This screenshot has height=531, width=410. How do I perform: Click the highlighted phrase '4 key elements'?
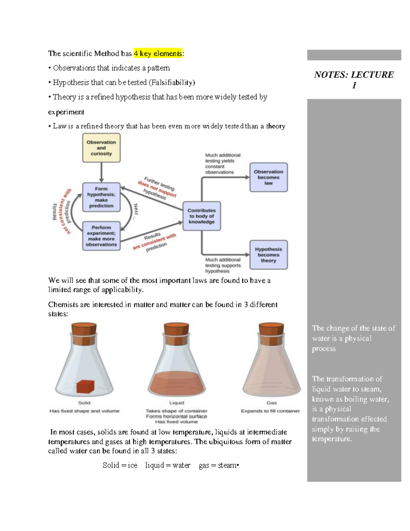[158, 54]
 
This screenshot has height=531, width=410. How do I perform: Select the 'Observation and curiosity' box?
[101, 148]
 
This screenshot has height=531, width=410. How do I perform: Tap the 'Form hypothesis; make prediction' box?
[101, 197]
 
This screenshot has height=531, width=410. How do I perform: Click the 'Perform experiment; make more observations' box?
[101, 236]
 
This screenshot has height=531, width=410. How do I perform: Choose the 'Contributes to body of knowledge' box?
[202, 216]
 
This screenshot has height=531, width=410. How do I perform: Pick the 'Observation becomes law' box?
[268, 177]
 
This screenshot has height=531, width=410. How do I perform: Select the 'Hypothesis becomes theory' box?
[268, 255]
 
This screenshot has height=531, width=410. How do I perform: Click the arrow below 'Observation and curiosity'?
[101, 172]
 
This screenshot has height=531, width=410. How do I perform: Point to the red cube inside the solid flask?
[85, 386]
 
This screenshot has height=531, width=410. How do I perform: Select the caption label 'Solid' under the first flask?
[84, 403]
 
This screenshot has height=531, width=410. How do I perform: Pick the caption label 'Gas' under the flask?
[271, 403]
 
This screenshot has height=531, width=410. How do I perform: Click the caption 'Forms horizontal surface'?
[176, 416]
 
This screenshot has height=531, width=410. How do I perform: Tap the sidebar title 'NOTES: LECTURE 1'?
[354, 79]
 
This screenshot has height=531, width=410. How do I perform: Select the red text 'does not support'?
[156, 189]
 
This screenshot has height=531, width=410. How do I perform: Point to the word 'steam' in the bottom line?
[227, 465]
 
